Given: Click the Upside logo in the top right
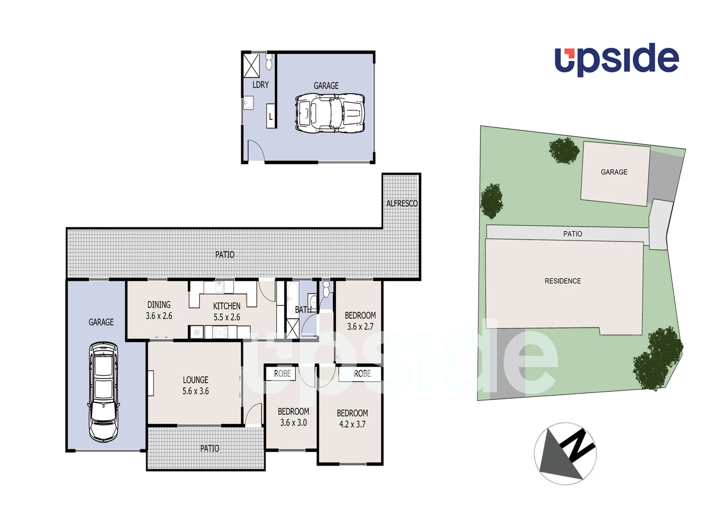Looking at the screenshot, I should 616,60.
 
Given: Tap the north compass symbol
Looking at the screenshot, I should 565,453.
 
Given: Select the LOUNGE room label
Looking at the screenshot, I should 195,380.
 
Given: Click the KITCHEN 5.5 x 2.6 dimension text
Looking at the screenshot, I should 227,317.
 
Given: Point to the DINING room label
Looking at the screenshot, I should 159,304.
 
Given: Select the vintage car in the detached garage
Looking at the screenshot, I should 330,113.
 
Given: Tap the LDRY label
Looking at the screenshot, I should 260,85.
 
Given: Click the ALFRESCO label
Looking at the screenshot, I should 402,203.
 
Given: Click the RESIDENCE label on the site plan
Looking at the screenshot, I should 563,281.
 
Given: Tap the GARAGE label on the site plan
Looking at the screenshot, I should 614,172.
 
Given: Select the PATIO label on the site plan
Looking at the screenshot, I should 572,234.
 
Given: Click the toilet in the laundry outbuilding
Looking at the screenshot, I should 269,62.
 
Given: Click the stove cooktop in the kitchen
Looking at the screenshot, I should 220,333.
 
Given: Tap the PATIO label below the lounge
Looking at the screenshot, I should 210,448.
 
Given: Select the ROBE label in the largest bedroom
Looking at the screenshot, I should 362,374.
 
